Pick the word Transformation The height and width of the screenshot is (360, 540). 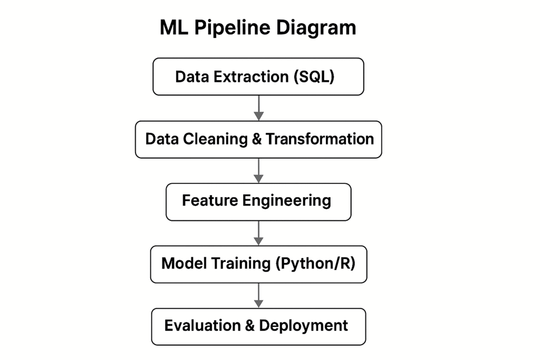[x=320, y=139]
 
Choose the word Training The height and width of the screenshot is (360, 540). [x=239, y=263]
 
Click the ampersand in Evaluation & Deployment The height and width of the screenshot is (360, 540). [x=249, y=325]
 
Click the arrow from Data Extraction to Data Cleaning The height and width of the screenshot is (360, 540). [x=258, y=108]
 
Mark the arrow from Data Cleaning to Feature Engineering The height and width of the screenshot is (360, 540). [x=258, y=170]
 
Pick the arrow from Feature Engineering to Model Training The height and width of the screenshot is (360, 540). [x=258, y=232]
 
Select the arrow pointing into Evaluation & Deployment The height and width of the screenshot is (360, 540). [x=258, y=295]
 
